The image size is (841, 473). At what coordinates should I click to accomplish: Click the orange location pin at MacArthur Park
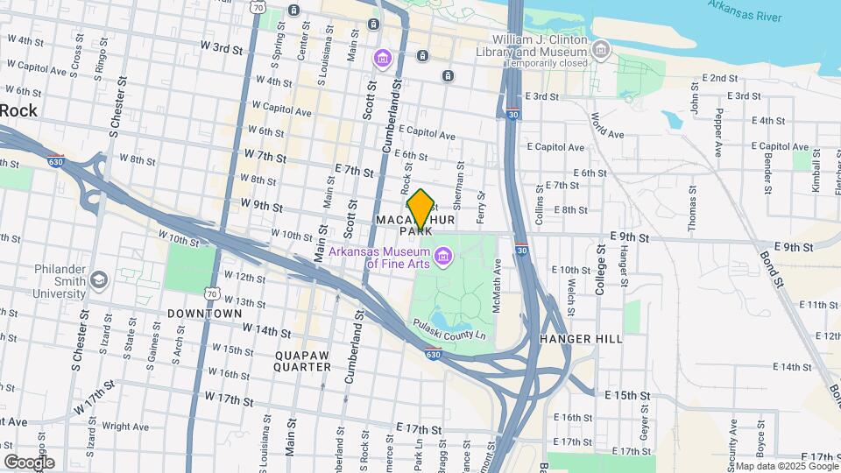click(x=420, y=208)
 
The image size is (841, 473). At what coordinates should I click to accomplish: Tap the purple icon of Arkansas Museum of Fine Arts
click(x=443, y=256)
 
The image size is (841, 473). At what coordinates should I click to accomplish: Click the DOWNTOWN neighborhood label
click(x=204, y=314)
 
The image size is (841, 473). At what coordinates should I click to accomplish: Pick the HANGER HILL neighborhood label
click(x=581, y=339)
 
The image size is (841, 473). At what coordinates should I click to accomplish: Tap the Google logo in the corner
click(x=29, y=462)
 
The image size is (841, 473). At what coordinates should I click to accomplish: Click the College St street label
click(x=601, y=269)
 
